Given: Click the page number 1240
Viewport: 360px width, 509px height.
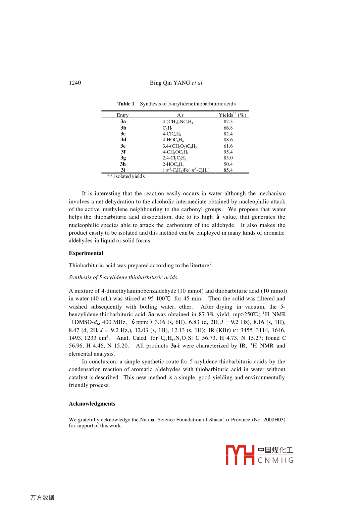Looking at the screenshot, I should pos(75,83).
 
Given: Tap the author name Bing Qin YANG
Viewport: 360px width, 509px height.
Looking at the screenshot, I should pos(170,83).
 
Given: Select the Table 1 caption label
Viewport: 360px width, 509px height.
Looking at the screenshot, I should pos(126,104).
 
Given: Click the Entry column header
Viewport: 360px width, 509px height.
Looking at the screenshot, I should pos(122,115).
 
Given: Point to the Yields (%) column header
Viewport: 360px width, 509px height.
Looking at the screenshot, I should pos(232,115).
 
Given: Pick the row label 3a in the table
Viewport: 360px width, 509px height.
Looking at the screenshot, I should pos(123,122).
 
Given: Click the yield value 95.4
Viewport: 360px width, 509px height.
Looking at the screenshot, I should pos(228,152).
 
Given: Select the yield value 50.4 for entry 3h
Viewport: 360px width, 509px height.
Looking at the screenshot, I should pos(228,164).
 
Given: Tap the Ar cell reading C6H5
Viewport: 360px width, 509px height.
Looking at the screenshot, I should pos(167,128).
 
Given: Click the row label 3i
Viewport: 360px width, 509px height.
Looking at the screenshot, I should pos(123,170).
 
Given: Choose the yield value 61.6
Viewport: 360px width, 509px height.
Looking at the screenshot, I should pos(228,146).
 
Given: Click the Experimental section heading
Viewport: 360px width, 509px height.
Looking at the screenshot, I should pos(86,253).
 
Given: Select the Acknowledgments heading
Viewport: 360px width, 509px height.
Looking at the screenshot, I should pos(92,404).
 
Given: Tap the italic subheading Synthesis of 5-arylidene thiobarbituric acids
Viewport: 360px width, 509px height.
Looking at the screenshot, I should pos(123,277).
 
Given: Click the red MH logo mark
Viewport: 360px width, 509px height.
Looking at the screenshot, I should pos(240,455).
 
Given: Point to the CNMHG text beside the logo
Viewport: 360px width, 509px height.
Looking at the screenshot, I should pos(275,460).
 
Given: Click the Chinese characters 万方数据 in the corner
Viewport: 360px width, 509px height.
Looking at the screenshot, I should pos(42,498).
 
